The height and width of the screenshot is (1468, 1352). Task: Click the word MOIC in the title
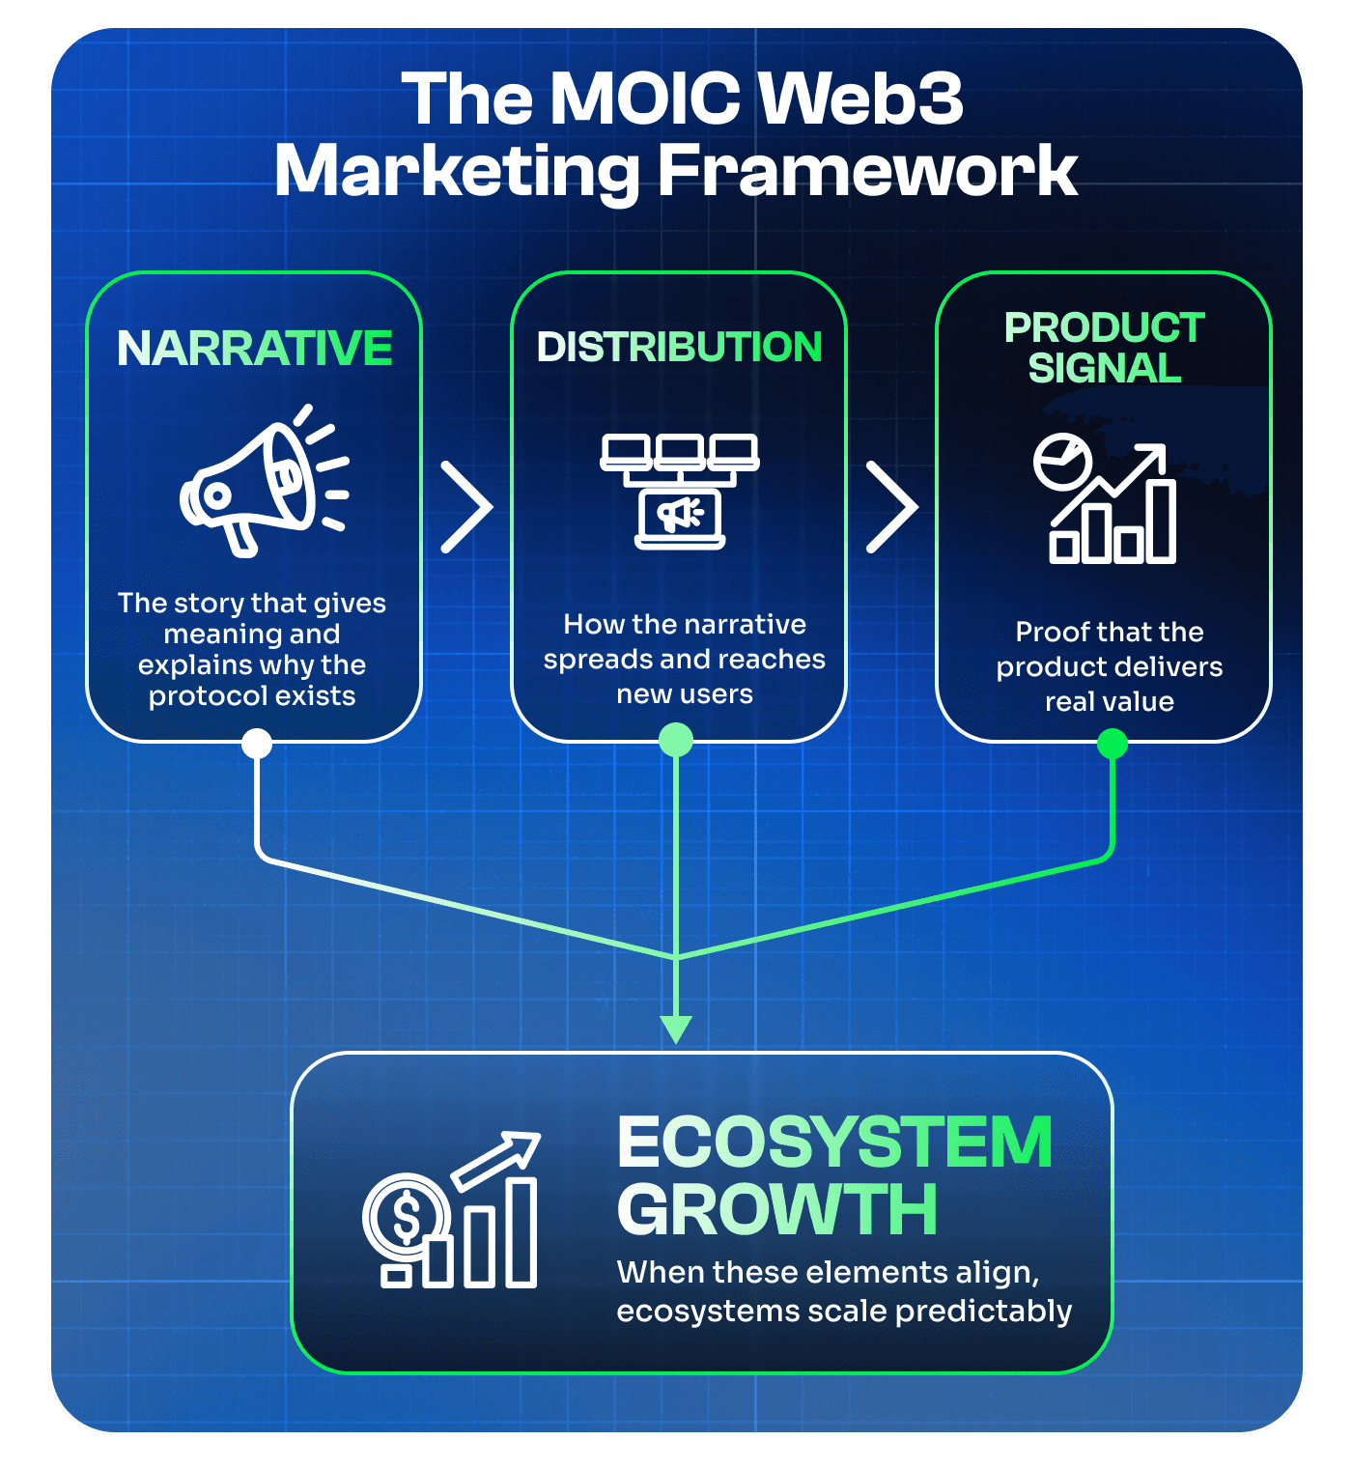click(645, 99)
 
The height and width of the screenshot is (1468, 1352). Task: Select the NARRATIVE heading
click(254, 349)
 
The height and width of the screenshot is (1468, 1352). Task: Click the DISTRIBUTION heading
click(679, 348)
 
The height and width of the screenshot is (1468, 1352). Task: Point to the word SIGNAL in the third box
click(1104, 369)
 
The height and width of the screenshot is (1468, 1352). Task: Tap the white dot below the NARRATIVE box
click(257, 744)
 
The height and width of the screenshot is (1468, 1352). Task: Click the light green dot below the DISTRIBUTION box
click(676, 741)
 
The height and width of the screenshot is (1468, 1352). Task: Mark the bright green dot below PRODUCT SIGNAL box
click(1113, 744)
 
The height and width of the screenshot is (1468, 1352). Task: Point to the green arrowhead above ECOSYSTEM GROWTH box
click(676, 1030)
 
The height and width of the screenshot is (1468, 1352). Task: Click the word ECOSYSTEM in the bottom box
click(834, 1143)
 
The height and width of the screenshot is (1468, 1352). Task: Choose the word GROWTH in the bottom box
click(777, 1209)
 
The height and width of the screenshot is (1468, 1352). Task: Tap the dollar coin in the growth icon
click(407, 1217)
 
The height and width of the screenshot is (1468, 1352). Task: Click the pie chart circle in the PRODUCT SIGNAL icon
click(1062, 463)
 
